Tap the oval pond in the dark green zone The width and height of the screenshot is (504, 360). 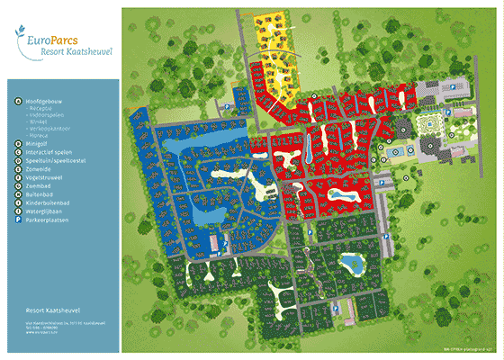pos(350,263)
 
